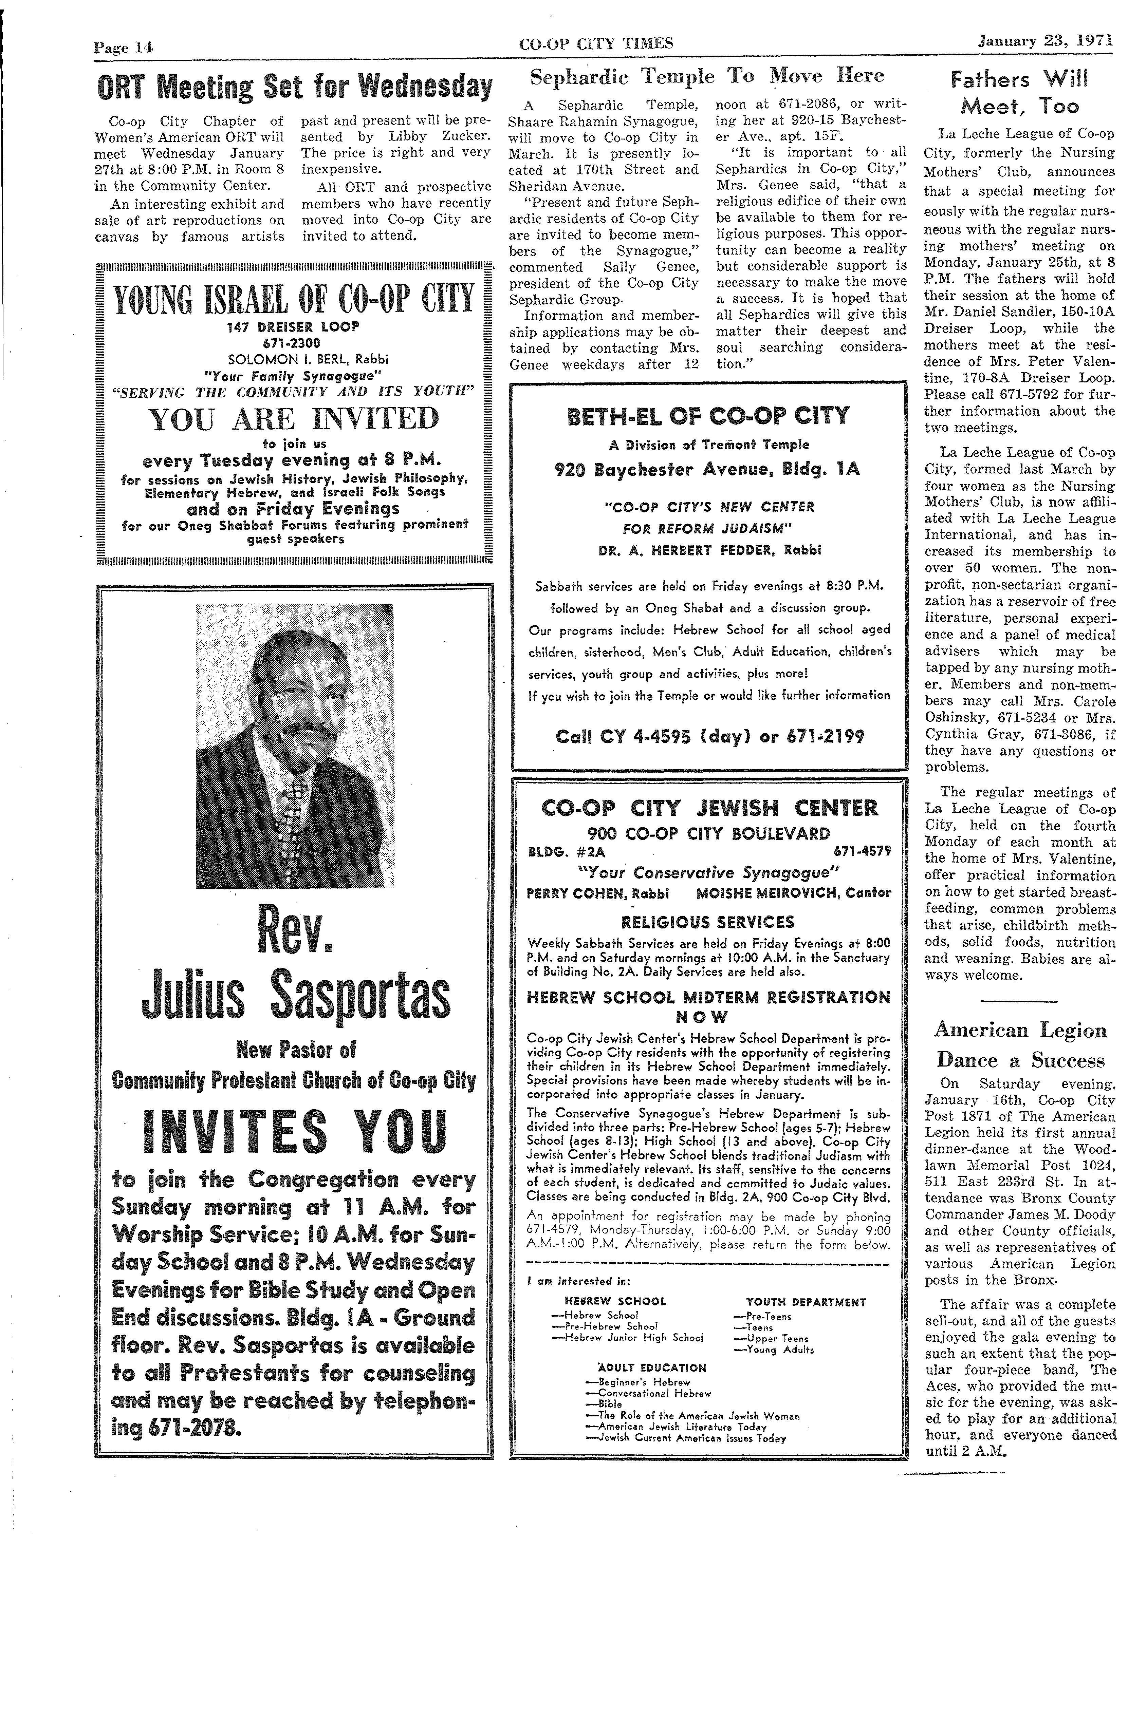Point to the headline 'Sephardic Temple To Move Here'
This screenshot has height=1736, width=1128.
tap(706, 76)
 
